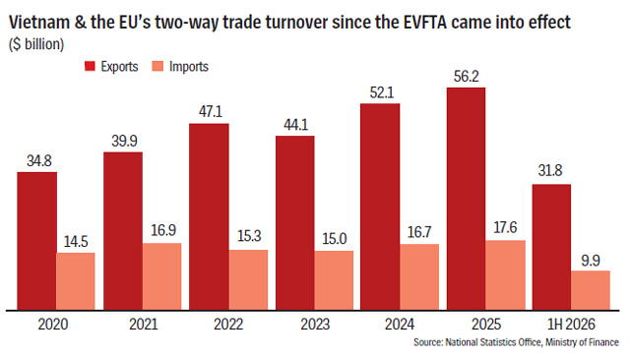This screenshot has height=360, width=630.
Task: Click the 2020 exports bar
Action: pos(37,241)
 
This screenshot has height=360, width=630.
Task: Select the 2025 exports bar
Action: pos(466,199)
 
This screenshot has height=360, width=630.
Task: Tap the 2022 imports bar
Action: pos(248,279)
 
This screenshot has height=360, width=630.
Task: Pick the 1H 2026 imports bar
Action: pos(591,290)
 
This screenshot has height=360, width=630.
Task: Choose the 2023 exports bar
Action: pos(295,222)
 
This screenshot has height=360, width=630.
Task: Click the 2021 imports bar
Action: pos(161,276)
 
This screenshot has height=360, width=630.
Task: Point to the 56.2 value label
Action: pos(466,77)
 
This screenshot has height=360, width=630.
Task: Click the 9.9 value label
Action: pos(591,261)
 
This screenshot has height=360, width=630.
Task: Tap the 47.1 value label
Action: pos(211,111)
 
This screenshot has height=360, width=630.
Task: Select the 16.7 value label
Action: pos(419,232)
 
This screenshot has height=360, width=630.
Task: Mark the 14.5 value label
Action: pos(76,241)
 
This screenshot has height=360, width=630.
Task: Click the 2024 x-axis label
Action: pos(400,325)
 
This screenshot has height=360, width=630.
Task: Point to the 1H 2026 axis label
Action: pos(571,325)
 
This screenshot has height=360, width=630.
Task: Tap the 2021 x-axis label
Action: pos(144,325)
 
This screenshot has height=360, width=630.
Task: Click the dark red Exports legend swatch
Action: pos(90,66)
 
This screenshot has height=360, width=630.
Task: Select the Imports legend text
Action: pos(189,67)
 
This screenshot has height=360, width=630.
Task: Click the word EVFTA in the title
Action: pos(425,22)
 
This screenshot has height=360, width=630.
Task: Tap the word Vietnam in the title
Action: pos(39,22)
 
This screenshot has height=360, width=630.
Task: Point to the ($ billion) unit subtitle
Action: pos(36,44)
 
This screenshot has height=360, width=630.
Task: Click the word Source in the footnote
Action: pos(428,342)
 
